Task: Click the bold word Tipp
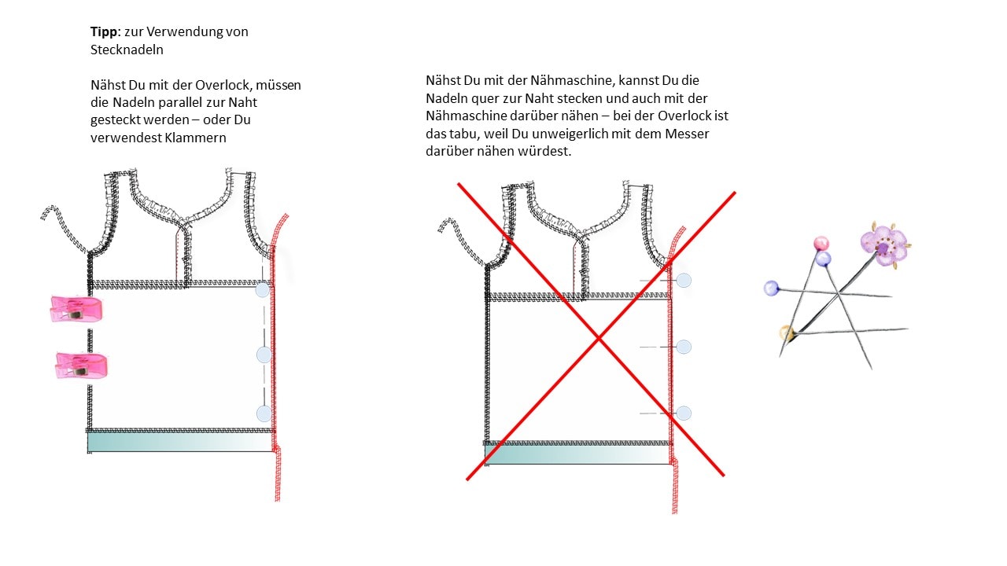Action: click(x=105, y=32)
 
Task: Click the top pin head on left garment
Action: click(x=263, y=291)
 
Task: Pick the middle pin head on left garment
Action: click(x=264, y=355)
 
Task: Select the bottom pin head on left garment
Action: click(x=264, y=413)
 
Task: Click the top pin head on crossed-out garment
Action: click(x=684, y=280)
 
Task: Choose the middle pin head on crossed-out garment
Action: click(x=684, y=347)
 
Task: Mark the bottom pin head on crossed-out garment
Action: click(x=684, y=413)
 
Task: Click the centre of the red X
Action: click(x=599, y=338)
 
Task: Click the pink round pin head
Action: click(x=821, y=243)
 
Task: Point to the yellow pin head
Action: click(x=786, y=333)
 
